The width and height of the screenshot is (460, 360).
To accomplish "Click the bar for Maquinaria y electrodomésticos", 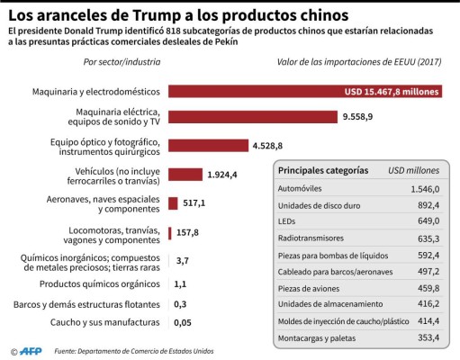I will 305,92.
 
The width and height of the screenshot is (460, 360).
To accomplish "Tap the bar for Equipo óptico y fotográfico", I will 208,146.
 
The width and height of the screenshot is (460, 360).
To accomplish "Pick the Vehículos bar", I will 185,175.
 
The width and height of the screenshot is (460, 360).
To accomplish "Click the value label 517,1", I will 194,203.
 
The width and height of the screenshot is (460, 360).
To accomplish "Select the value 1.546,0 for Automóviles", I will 424,189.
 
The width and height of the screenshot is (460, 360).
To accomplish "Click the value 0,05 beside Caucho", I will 183,323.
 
